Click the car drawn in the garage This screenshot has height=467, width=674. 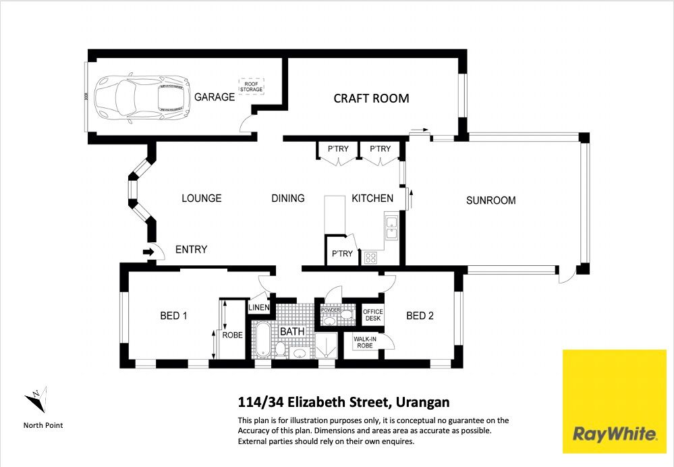[x=142, y=99]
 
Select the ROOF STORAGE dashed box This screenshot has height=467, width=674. [x=251, y=86]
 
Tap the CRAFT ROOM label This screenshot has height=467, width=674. [x=371, y=99]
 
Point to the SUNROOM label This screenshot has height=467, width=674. [x=491, y=200]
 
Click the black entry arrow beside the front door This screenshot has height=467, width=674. [x=148, y=252]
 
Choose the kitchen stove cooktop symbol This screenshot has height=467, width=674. [x=370, y=258]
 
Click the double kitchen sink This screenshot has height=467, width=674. [x=391, y=227]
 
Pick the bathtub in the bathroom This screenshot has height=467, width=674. [x=262, y=340]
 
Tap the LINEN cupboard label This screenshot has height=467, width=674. [x=259, y=308]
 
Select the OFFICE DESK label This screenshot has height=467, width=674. [x=372, y=314]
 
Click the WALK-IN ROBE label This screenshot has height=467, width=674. [x=365, y=342]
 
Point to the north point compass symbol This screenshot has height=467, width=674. [x=36, y=400]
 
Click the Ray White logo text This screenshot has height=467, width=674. [x=615, y=434]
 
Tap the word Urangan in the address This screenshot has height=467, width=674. [x=422, y=402]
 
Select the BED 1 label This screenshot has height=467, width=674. [x=173, y=316]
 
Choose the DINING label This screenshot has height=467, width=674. [x=288, y=198]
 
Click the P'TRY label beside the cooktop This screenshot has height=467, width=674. [x=342, y=254]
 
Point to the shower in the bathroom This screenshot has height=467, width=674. [x=326, y=346]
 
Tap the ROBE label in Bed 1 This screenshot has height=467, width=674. [x=233, y=335]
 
